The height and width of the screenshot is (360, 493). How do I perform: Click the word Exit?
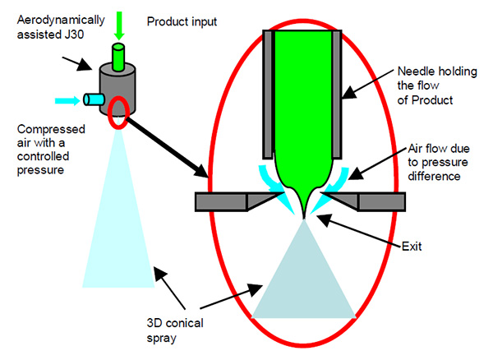(389, 245)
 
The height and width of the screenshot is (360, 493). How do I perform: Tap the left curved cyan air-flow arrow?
(275, 181)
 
